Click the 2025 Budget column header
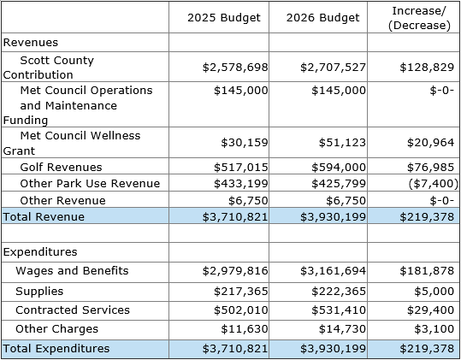point(224,18)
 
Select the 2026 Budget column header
point(322,18)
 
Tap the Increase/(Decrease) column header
point(419,18)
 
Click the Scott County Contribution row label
point(49,68)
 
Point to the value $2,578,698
point(235,68)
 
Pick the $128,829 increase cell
point(427,68)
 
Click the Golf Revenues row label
point(61,168)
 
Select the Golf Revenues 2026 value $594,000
point(339,168)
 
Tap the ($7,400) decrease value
point(434,184)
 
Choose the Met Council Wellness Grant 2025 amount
point(245,143)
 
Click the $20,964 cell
point(431,143)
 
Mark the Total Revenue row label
point(44,216)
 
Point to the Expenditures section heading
point(40,252)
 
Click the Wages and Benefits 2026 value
point(333,271)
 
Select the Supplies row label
point(39,292)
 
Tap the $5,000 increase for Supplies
point(434,292)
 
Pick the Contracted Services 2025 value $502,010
point(241,310)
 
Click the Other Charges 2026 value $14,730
point(342,329)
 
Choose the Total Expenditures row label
point(56,349)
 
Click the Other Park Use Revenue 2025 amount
point(241,184)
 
